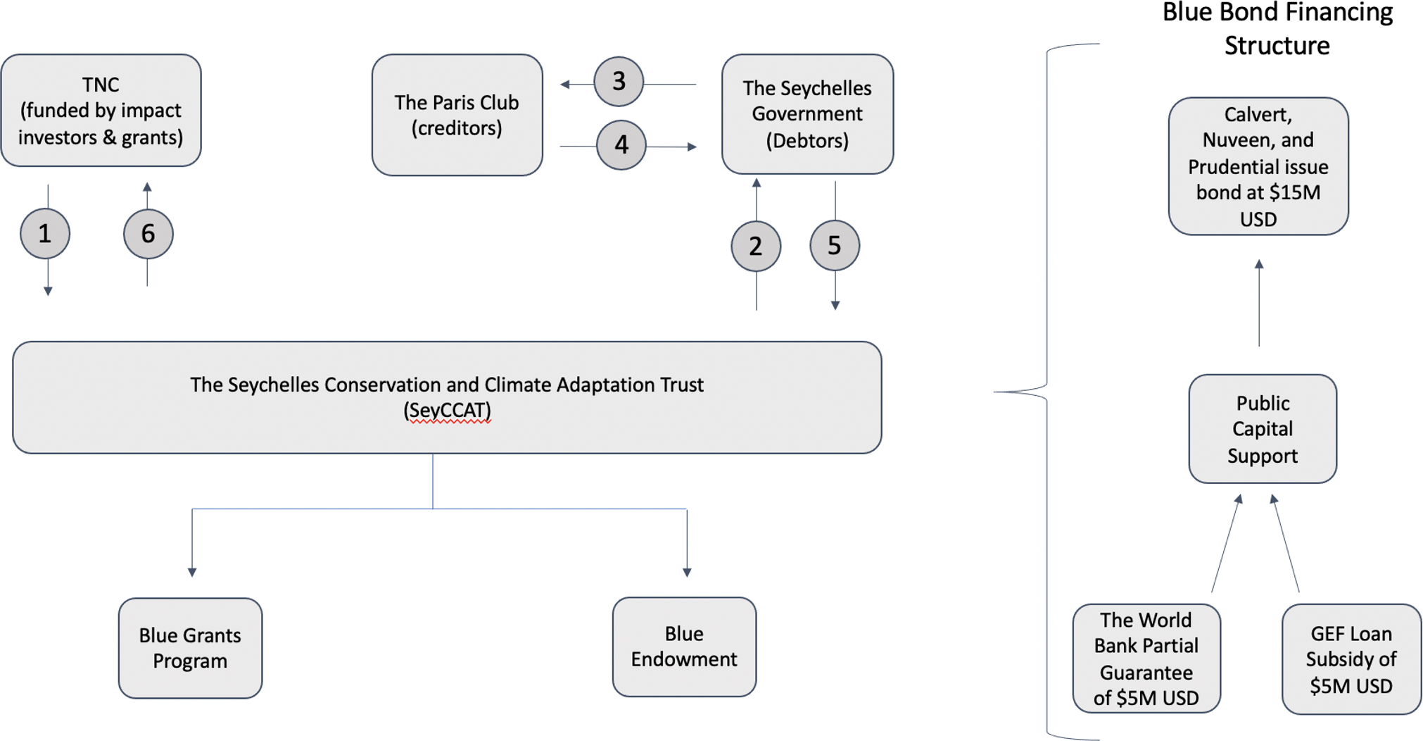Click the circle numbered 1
[x=45, y=233]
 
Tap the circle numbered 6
[x=148, y=233]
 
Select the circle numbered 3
[x=619, y=82]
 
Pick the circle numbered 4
[x=621, y=145]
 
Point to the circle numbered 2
[x=756, y=246]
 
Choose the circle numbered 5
[x=835, y=245]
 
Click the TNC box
[x=101, y=111]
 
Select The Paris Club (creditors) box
[x=457, y=115]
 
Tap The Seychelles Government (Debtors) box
[x=807, y=114]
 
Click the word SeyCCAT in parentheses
[x=447, y=410]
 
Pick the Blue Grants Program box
[x=190, y=648]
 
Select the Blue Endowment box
[x=684, y=647]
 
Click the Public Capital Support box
[x=1263, y=429]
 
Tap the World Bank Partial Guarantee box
[x=1146, y=659]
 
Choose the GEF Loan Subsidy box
[x=1351, y=659]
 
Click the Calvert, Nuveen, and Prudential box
[x=1258, y=166]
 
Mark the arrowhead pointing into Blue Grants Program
[x=192, y=571]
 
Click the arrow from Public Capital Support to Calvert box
[x=1259, y=303]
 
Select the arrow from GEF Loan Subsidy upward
[x=1286, y=542]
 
